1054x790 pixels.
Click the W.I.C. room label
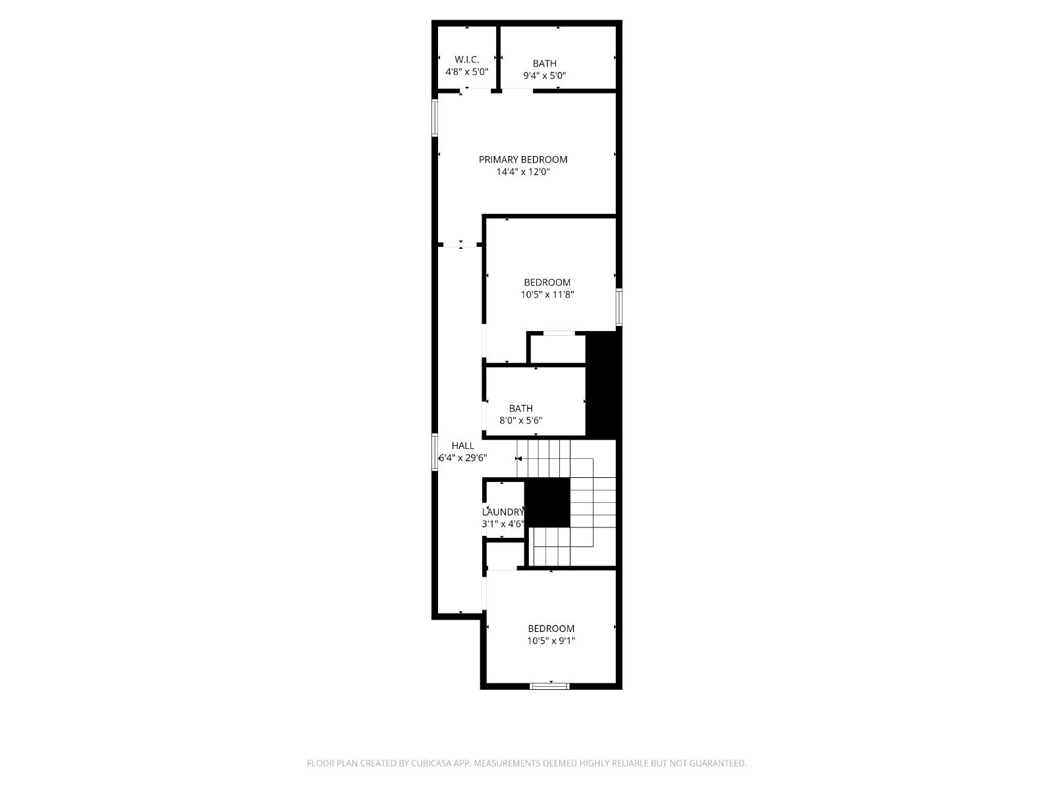(467, 60)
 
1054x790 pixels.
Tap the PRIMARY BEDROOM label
(523, 160)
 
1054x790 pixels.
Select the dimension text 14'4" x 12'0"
(523, 172)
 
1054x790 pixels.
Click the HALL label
(462, 446)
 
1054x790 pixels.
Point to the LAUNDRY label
(503, 512)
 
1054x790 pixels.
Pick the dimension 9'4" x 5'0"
(545, 75)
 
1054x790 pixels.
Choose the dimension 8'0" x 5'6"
(521, 421)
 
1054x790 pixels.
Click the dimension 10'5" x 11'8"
(547, 294)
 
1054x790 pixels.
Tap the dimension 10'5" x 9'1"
(551, 641)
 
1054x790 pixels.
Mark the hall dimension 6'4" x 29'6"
(463, 458)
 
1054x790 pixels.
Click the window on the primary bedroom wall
(435, 118)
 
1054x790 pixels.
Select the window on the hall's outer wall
(435, 452)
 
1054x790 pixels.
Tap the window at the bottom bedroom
(550, 687)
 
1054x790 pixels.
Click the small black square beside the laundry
(547, 503)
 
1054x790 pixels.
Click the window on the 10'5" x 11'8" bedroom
(619, 307)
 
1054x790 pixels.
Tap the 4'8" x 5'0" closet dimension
(467, 72)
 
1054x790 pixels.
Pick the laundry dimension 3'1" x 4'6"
(503, 524)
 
